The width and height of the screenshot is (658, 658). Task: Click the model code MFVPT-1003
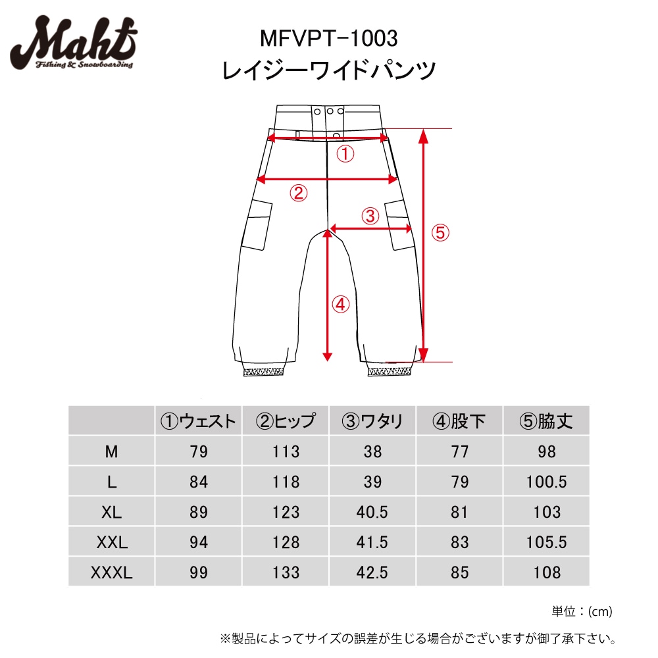tap(330, 39)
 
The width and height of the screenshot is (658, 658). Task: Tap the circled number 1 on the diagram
tap(345, 155)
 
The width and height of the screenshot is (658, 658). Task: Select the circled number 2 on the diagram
tap(298, 193)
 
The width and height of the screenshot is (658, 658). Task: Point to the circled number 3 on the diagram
tap(370, 215)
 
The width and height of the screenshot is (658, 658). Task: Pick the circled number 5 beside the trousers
tap(440, 232)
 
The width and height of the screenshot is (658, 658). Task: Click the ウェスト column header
tap(198, 421)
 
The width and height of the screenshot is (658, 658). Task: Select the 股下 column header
tap(459, 421)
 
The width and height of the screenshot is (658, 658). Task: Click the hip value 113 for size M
tap(286, 451)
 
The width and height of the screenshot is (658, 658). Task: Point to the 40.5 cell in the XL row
tap(372, 512)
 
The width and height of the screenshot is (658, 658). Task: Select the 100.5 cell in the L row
tap(546, 482)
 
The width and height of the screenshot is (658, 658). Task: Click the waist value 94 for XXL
tap(198, 542)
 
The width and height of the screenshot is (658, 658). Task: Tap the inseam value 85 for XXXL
tap(459, 572)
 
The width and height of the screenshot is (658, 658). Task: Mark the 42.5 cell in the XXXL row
tap(372, 572)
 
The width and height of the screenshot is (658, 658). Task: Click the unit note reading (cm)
tap(599, 612)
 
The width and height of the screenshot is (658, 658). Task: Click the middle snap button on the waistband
tap(330, 111)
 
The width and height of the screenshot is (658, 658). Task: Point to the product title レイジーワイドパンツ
tap(330, 70)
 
